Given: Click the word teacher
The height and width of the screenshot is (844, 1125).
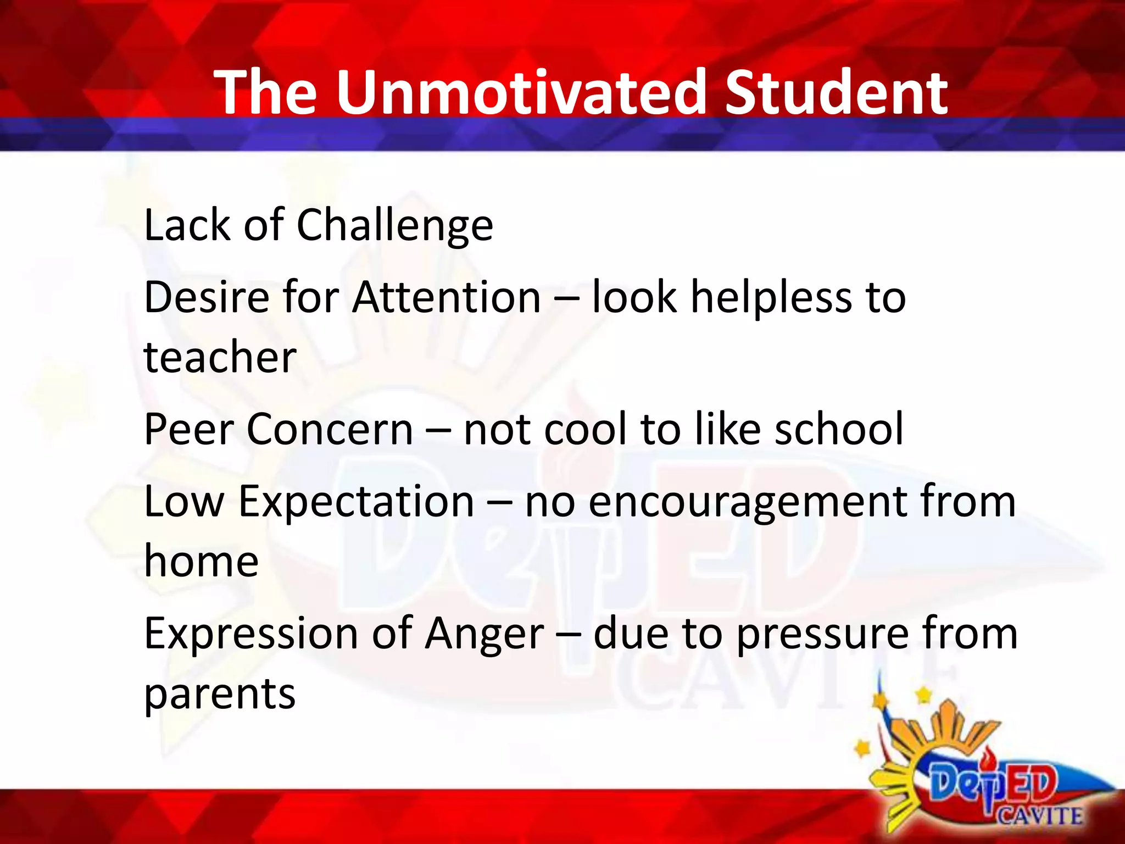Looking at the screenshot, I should (220, 357).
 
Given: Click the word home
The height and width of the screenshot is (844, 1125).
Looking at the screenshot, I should (201, 562).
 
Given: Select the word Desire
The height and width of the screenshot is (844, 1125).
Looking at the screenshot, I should (207, 297).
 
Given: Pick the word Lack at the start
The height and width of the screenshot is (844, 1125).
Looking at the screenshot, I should (187, 225).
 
